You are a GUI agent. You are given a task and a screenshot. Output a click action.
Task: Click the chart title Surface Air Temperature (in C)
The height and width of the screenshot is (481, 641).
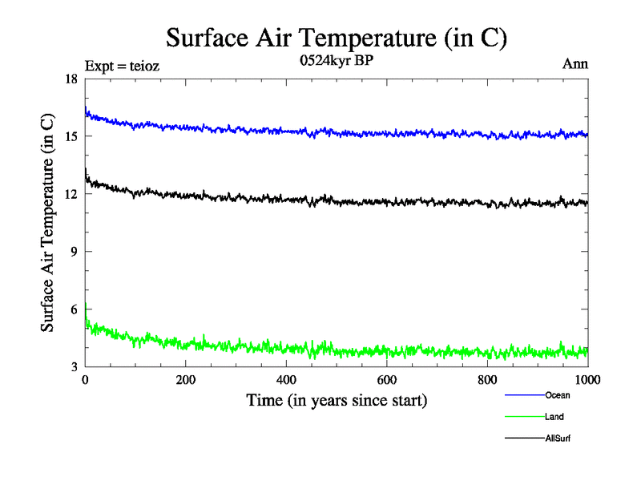click(337, 38)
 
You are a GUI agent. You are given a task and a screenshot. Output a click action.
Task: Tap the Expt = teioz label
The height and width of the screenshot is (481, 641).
click(122, 67)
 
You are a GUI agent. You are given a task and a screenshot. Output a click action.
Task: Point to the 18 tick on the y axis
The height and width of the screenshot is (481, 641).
click(71, 79)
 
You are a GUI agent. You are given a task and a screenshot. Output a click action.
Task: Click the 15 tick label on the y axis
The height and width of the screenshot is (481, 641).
click(71, 136)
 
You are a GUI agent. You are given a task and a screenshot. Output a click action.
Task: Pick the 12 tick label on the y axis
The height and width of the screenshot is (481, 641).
click(71, 194)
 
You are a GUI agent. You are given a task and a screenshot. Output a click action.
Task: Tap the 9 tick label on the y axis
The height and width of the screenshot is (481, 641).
click(74, 252)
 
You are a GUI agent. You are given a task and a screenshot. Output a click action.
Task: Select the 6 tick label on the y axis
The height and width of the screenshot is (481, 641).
click(74, 309)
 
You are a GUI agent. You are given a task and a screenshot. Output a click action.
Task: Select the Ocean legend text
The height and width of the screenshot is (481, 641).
click(557, 395)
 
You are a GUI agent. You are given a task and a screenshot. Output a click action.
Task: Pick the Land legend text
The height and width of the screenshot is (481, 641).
click(554, 417)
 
